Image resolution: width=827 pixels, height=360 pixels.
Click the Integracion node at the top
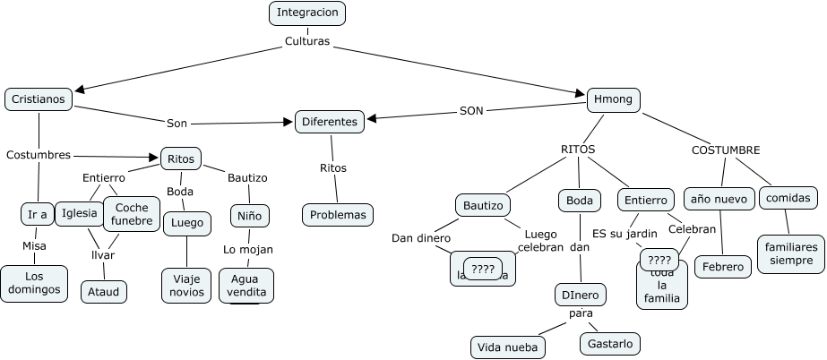(307, 13)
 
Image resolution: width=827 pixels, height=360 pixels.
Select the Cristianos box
(39, 99)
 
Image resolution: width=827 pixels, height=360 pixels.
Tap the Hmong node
(614, 99)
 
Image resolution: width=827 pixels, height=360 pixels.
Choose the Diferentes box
(330, 122)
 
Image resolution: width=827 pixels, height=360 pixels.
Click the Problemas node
(338, 215)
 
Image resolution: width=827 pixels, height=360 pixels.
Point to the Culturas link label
(307, 41)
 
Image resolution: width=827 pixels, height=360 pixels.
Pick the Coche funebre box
(132, 214)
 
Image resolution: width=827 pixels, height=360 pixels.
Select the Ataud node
(104, 292)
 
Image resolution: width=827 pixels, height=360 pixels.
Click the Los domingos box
(34, 283)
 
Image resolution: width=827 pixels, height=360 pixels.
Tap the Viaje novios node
(186, 285)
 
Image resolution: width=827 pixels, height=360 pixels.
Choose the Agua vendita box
(246, 286)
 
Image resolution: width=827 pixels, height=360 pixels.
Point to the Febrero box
(722, 267)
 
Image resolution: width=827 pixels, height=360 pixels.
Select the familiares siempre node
(790, 253)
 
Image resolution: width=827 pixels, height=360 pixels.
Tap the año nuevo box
(719, 198)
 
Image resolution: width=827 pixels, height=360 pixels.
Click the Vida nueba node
(508, 347)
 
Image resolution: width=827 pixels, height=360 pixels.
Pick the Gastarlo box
(611, 343)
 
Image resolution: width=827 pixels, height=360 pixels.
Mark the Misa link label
(34, 245)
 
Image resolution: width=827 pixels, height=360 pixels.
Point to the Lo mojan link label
(248, 250)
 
